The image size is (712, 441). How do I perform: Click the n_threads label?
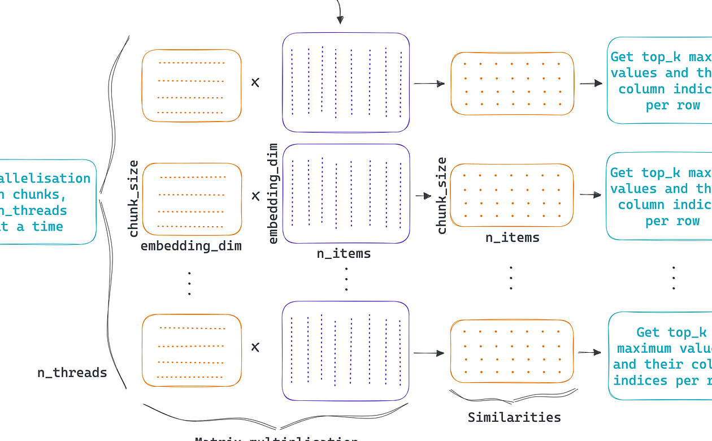pos(72,373)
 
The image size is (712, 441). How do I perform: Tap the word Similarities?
pos(514,417)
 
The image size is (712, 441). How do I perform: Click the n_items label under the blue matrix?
pos(344,253)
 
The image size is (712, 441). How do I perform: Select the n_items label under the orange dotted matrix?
pos(513,237)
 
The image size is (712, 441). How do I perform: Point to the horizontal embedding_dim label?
pos(191,246)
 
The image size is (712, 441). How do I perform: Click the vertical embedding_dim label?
pos(273,193)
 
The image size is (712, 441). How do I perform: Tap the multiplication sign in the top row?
pos(255,82)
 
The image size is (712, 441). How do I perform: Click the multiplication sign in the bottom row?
pos(255,347)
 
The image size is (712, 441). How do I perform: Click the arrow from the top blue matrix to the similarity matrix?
pos(429,84)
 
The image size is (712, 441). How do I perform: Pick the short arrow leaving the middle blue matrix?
pos(423,196)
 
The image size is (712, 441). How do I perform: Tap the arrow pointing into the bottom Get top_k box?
pos(589,352)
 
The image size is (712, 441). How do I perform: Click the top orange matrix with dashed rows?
pos(192,85)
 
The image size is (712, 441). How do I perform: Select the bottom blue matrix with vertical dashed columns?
pos(345,351)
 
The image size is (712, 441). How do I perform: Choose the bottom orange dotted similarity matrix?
pos(512,351)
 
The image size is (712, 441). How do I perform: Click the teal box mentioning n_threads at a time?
pos(48,202)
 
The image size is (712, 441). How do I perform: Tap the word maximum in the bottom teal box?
pos(644,348)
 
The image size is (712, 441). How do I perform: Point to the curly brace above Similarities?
pos(513,396)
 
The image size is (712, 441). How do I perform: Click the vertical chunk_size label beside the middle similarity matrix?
pos(441,196)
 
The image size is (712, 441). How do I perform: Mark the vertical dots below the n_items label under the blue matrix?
pos(346,279)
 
